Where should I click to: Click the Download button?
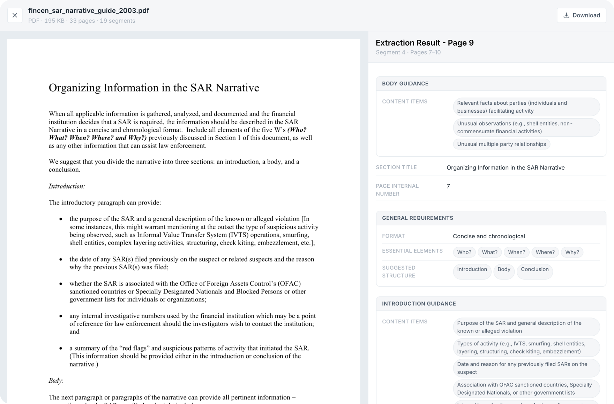click(581, 15)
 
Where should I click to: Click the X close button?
click(15, 15)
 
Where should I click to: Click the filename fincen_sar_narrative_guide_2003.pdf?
click(89, 10)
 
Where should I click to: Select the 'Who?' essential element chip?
click(464, 252)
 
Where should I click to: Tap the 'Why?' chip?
click(572, 252)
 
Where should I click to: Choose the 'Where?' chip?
click(545, 252)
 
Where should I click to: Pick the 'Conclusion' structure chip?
click(534, 269)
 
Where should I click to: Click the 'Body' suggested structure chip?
click(504, 269)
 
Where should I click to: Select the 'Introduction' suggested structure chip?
click(472, 269)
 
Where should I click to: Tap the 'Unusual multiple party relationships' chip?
click(501, 144)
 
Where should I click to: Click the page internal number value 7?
click(448, 186)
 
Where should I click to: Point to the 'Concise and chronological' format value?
click(489, 236)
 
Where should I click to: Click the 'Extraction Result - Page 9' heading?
click(425, 43)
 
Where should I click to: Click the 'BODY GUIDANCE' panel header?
click(405, 84)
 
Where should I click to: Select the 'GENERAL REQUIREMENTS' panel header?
click(418, 218)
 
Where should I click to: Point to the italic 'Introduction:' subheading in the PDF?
click(67, 186)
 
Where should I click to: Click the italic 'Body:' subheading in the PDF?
click(56, 381)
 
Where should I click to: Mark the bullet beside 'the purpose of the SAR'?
click(61, 219)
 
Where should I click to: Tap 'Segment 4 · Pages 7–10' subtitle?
click(408, 52)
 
